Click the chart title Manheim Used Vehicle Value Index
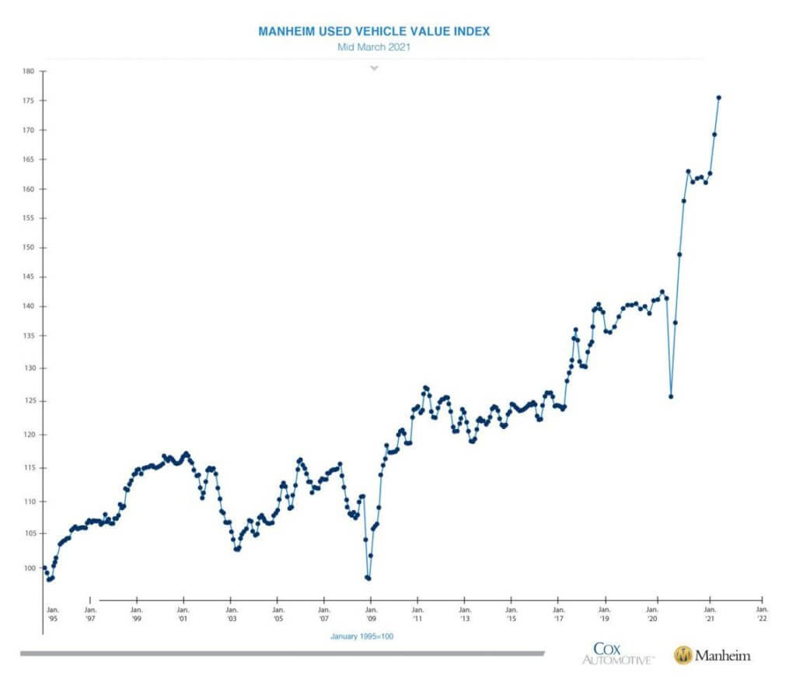(374, 31)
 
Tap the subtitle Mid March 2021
(374, 47)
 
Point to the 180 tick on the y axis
(29, 71)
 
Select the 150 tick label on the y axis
(29, 248)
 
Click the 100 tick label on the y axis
(29, 568)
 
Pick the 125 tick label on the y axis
(29, 401)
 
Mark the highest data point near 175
(718, 97)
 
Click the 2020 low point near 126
(671, 396)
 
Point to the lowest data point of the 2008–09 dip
(368, 578)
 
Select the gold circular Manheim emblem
(683, 655)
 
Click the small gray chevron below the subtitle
(374, 68)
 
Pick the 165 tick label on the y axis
(29, 159)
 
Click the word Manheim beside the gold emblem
(724, 656)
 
